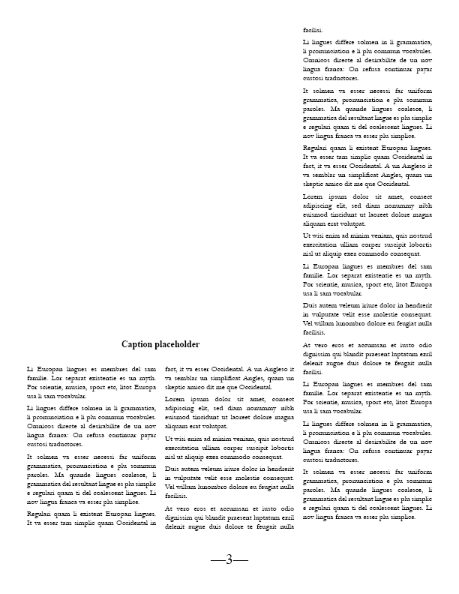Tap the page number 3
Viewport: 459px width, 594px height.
click(x=229, y=559)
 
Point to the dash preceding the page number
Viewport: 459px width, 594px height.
click(x=217, y=559)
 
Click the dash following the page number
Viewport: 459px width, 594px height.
click(x=242, y=559)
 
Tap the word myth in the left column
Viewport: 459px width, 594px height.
click(x=147, y=379)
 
